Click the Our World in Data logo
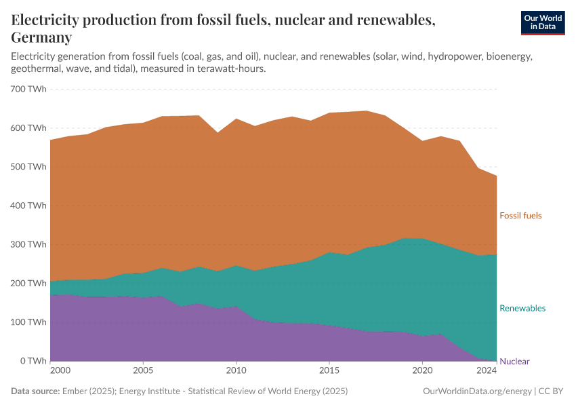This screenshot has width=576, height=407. (x=542, y=22)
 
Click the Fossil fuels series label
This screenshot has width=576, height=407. (x=520, y=216)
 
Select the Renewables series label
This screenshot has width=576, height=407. (x=522, y=308)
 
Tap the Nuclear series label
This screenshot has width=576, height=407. (x=514, y=362)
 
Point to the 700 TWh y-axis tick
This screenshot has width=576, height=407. (x=28, y=89)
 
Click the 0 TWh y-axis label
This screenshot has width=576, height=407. (x=33, y=361)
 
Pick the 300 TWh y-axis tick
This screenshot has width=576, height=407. (x=28, y=244)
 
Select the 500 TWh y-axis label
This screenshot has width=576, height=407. (x=28, y=167)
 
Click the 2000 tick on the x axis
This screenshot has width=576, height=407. (x=59, y=371)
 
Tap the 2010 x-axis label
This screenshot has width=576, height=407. (x=236, y=371)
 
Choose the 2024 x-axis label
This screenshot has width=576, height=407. (x=486, y=371)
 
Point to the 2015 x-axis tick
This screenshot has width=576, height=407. (x=329, y=371)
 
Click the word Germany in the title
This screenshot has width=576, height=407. (x=41, y=37)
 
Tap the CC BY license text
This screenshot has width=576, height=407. (x=551, y=391)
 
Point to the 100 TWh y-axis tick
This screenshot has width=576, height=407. (x=28, y=322)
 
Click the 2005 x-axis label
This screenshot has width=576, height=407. (x=143, y=371)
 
